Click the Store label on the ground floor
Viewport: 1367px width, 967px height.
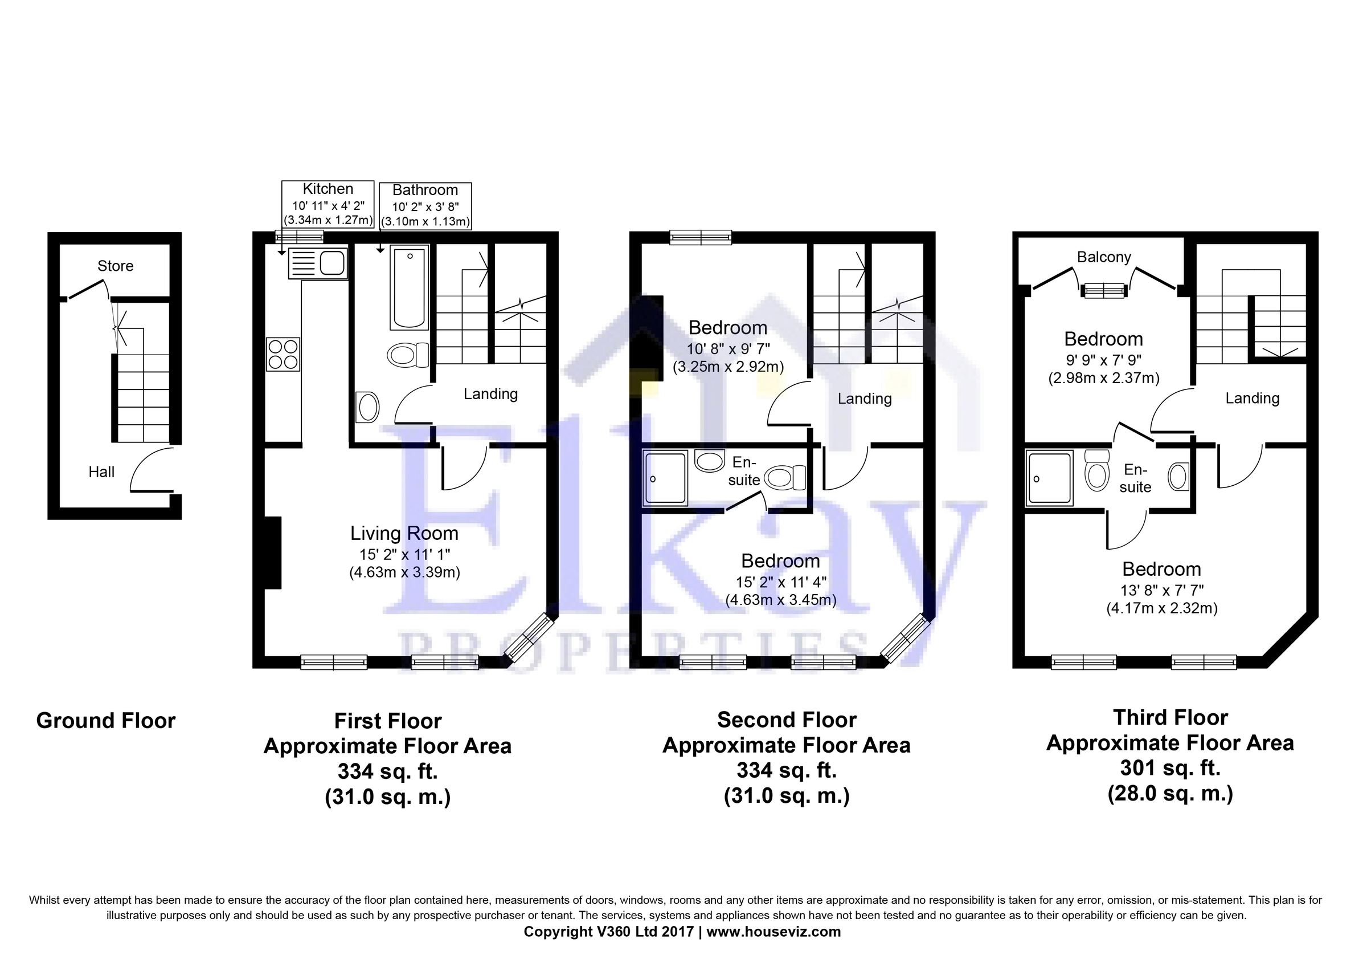[x=116, y=266]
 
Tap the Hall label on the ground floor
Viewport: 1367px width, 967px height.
[x=101, y=472]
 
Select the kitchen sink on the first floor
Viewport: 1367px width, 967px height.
[x=317, y=263]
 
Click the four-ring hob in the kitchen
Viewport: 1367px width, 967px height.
[x=283, y=354]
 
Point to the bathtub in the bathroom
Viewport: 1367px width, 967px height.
[x=410, y=288]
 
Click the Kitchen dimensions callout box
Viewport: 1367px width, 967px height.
[x=328, y=204]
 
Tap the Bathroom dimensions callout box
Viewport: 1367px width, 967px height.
[x=425, y=206]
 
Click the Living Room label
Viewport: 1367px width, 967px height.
[x=404, y=533]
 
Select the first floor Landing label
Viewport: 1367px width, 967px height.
[x=490, y=394]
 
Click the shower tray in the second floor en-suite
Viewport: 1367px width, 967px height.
[x=665, y=478]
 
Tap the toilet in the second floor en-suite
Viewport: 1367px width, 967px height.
[x=785, y=477]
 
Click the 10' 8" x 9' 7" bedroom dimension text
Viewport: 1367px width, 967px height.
[x=728, y=349]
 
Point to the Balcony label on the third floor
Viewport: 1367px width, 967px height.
[x=1104, y=257]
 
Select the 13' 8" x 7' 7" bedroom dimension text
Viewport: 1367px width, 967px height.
[x=1161, y=590]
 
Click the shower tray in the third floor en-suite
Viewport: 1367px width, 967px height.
[x=1049, y=478]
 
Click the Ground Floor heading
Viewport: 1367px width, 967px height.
[x=106, y=720]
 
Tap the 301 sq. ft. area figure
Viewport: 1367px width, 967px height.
[x=1170, y=768]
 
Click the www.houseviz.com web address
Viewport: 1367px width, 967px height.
[x=773, y=932]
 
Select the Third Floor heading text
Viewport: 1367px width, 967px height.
[x=1170, y=717]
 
